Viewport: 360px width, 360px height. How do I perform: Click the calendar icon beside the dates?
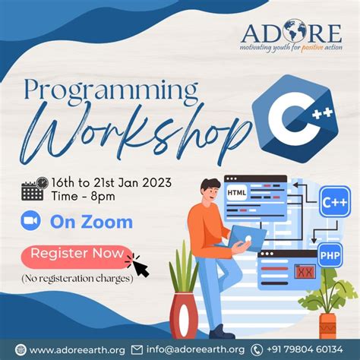click(33, 188)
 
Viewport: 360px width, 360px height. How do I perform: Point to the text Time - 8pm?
click(87, 197)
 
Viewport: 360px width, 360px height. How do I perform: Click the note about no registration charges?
click(77, 278)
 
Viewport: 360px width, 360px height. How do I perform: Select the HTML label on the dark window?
click(237, 193)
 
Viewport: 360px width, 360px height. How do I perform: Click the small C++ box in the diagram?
click(334, 203)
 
